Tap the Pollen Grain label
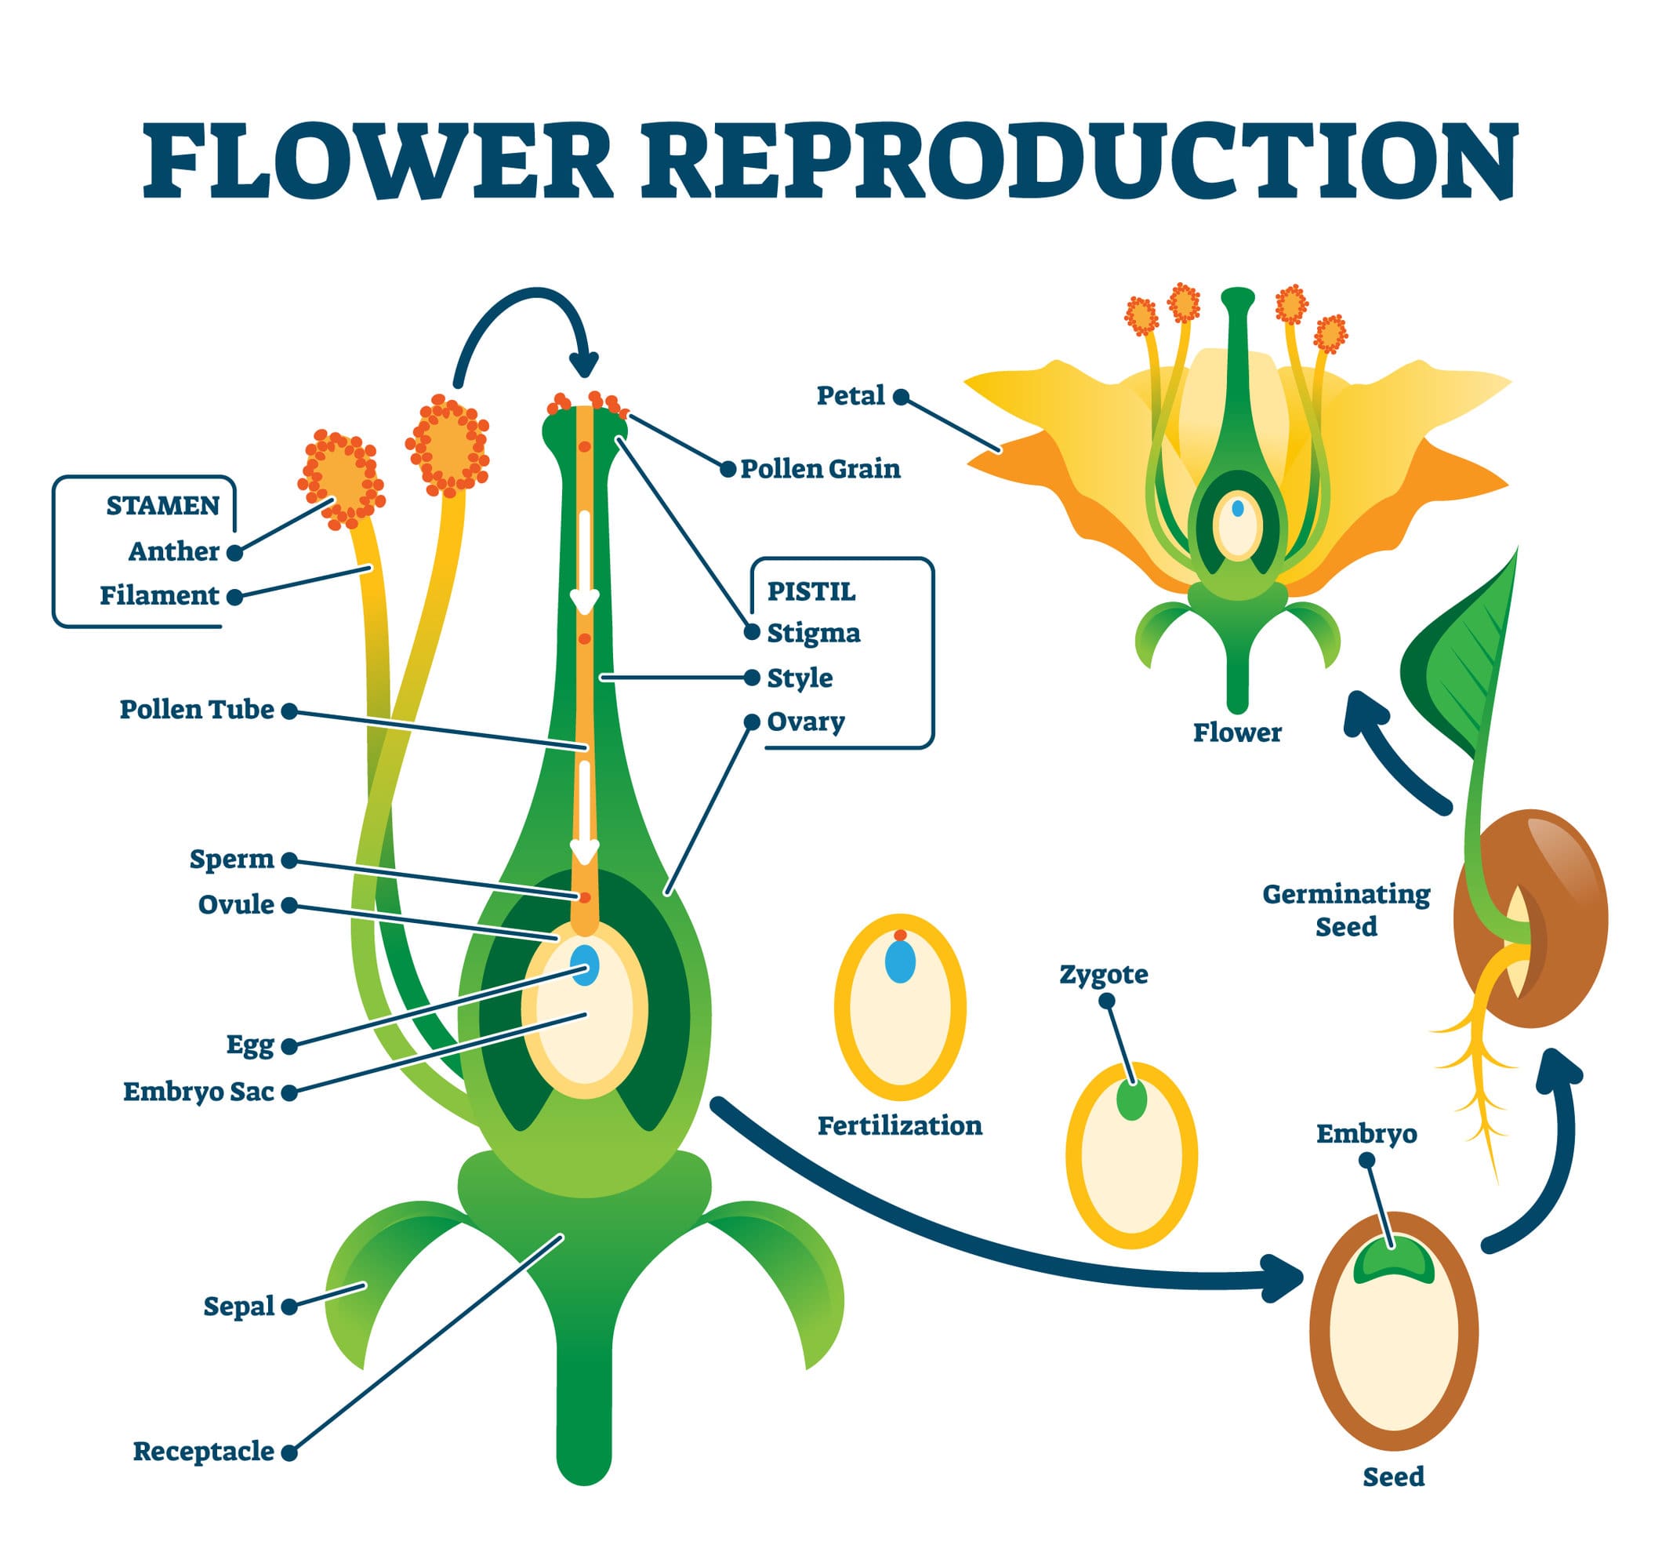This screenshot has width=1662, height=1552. pos(820,468)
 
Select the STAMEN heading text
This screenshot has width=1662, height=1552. pos(162,505)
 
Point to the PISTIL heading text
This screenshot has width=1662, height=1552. pos(811,591)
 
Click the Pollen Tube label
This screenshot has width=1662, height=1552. pos(197,709)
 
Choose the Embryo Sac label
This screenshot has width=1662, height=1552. pos(198,1091)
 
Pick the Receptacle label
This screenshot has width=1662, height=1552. pos(203,1451)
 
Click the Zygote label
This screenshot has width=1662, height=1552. pos(1104,974)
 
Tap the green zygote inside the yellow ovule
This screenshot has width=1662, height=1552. pos(1131,1101)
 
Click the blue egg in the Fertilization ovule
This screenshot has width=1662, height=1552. pos(899,961)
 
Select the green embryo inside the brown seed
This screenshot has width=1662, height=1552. pos(1394,1263)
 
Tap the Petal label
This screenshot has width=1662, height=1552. pos(851,395)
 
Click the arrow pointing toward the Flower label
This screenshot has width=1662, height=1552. pos(1396,753)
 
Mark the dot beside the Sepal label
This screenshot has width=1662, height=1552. pos(289,1307)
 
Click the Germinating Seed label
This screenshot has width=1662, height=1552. pos(1346,910)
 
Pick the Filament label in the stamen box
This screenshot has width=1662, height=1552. pos(159,595)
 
